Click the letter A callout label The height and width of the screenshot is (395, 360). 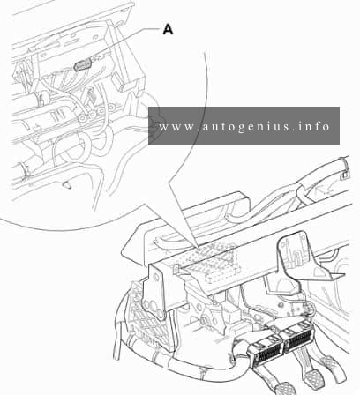[168, 29]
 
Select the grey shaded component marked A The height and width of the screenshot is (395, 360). [83, 65]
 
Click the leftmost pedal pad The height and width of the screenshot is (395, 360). [282, 389]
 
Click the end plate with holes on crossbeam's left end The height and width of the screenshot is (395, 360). [154, 294]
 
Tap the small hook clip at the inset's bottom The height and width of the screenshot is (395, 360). [66, 184]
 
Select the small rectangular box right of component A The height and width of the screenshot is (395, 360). [118, 80]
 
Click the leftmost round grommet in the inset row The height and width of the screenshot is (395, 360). [83, 118]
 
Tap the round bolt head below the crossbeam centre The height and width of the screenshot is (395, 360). [203, 320]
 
